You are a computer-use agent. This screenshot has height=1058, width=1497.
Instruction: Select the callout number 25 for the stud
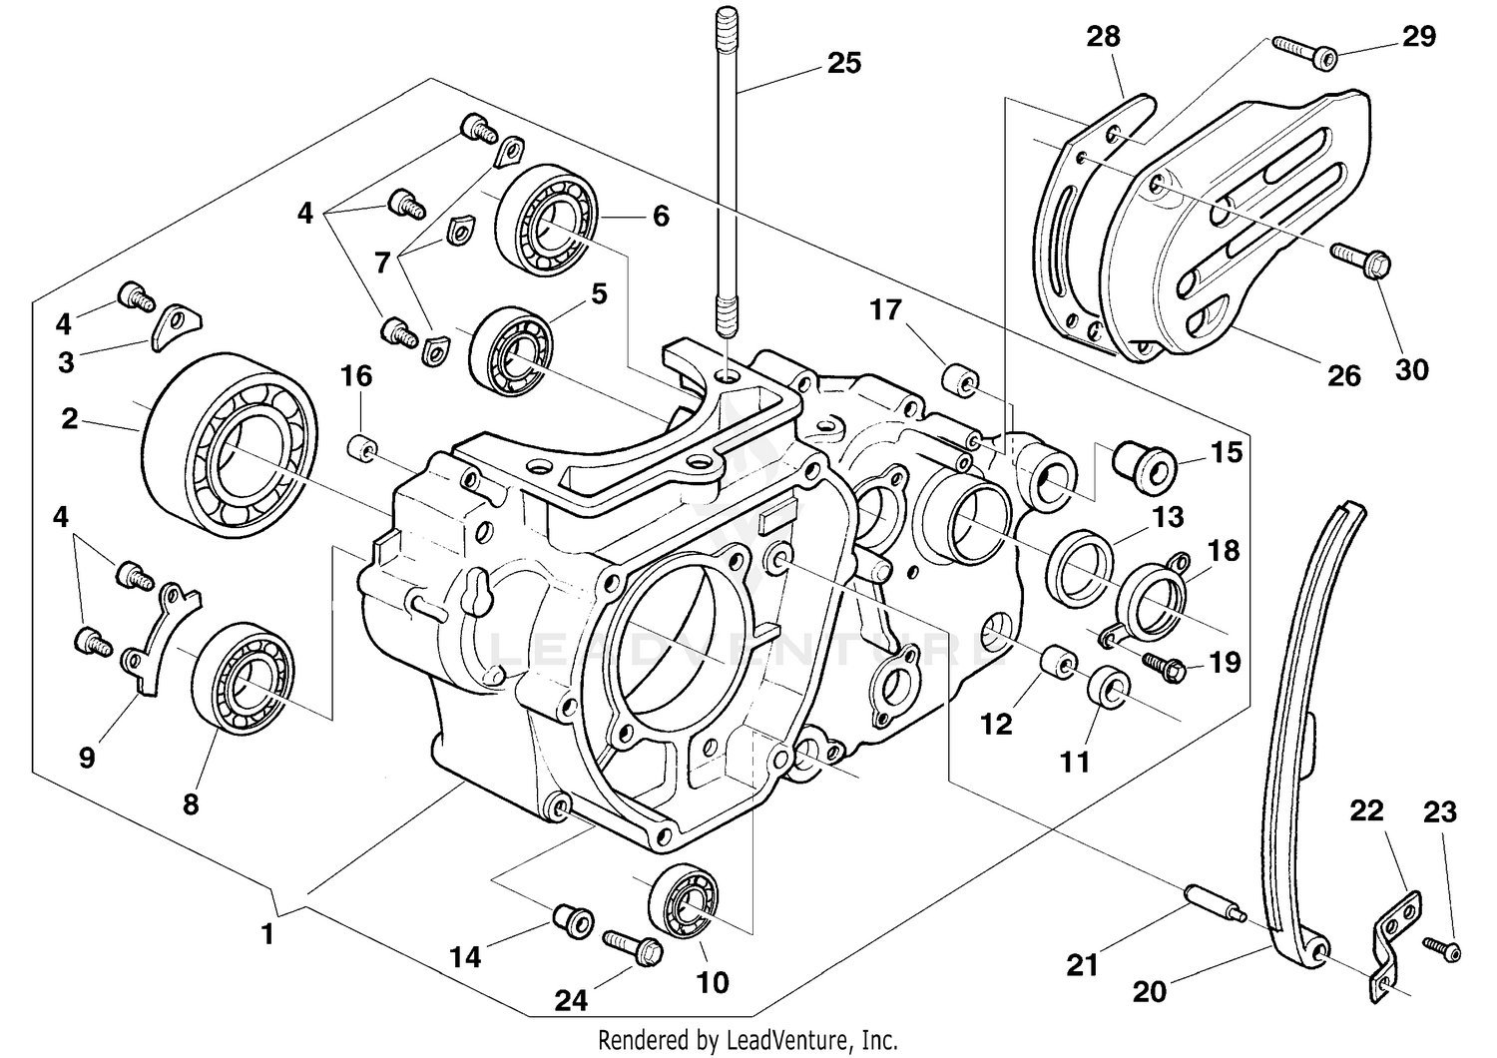pos(843,63)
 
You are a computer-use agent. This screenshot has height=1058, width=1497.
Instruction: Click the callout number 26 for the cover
pos(1344,375)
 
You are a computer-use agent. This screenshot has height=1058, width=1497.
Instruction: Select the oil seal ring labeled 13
pos(1080,569)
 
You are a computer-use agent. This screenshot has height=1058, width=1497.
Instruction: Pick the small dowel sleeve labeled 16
pos(363,448)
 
